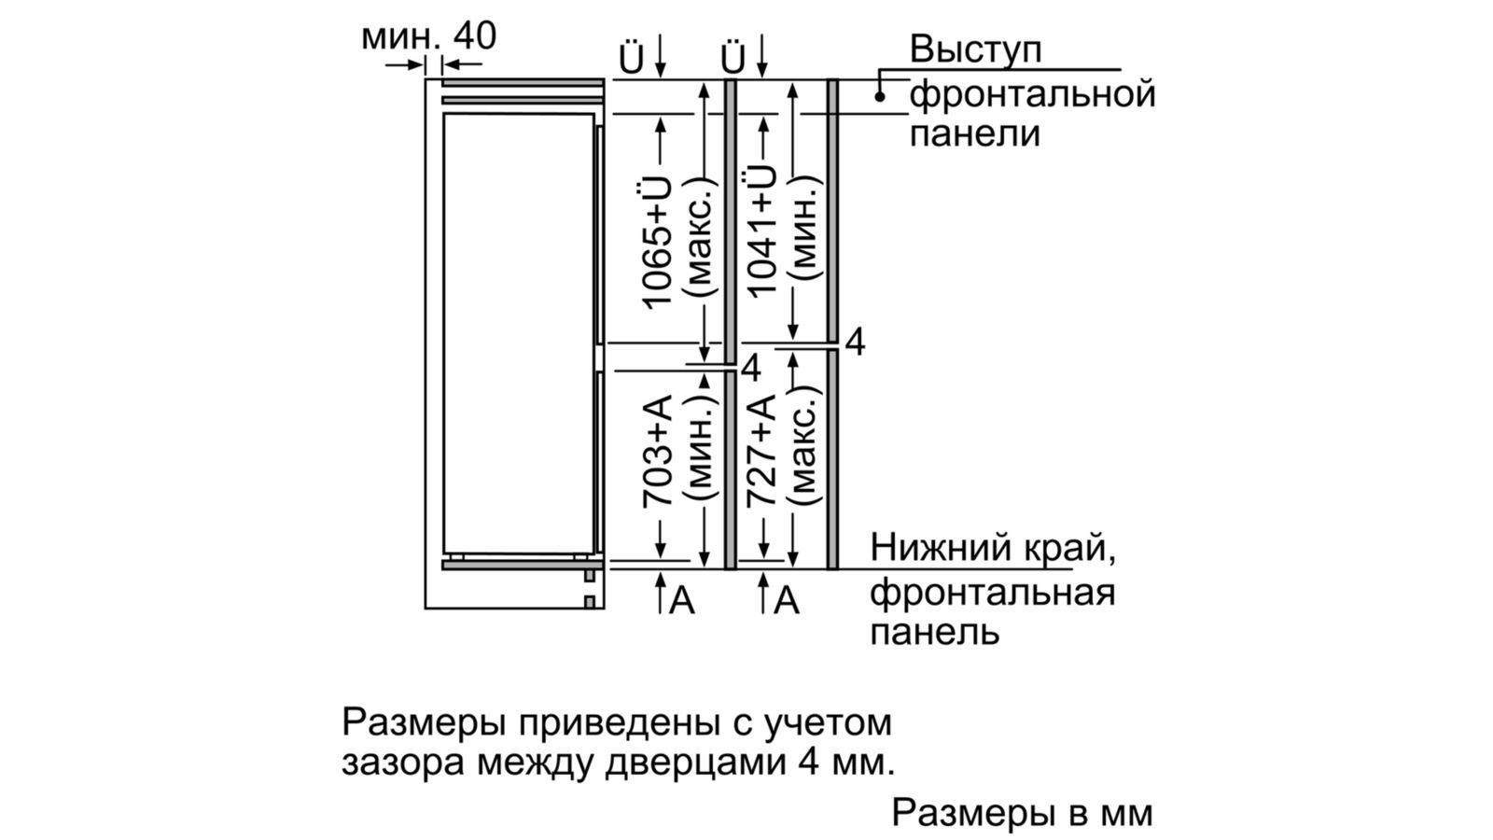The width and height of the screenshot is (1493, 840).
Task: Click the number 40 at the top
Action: [x=474, y=35]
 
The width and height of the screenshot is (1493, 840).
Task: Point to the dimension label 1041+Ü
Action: [x=760, y=230]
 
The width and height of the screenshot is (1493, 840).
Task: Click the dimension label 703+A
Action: [x=658, y=452]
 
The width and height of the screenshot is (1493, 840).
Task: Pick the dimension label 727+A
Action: [x=760, y=451]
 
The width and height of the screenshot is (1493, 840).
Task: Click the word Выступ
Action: [x=975, y=49]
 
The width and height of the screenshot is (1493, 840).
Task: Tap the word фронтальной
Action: [x=1032, y=93]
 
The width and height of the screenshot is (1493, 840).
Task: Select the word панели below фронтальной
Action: [x=974, y=133]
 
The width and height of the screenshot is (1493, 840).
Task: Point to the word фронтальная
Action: [x=992, y=592]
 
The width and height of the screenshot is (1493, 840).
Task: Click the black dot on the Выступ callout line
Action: [x=880, y=95]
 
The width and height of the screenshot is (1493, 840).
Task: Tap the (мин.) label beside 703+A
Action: [x=701, y=452]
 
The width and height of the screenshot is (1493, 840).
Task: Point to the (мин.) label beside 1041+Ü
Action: [x=803, y=230]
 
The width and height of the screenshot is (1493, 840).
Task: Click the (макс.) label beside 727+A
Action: [x=803, y=451]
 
